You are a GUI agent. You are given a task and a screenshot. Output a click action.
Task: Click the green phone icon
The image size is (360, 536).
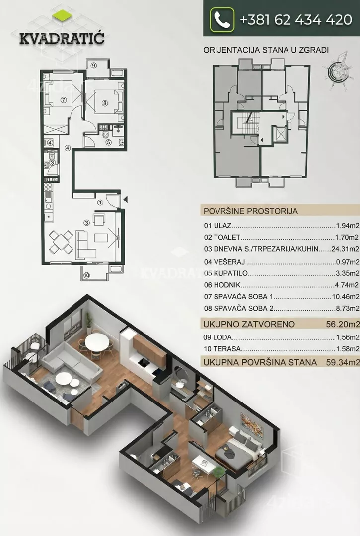222,20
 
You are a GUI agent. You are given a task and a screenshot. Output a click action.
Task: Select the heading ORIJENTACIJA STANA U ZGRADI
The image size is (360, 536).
267,50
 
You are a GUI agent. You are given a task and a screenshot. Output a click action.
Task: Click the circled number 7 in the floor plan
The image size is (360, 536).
64,99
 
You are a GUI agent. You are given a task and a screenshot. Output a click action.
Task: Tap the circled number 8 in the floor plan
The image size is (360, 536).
105,103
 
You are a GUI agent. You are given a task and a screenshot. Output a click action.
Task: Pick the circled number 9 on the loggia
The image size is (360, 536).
93,64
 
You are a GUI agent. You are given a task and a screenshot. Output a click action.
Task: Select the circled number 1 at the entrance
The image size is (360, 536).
100,202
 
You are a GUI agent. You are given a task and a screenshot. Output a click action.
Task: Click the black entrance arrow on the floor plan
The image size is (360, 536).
126,200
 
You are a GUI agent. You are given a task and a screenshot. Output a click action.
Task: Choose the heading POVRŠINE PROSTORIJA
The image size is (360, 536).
251,211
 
